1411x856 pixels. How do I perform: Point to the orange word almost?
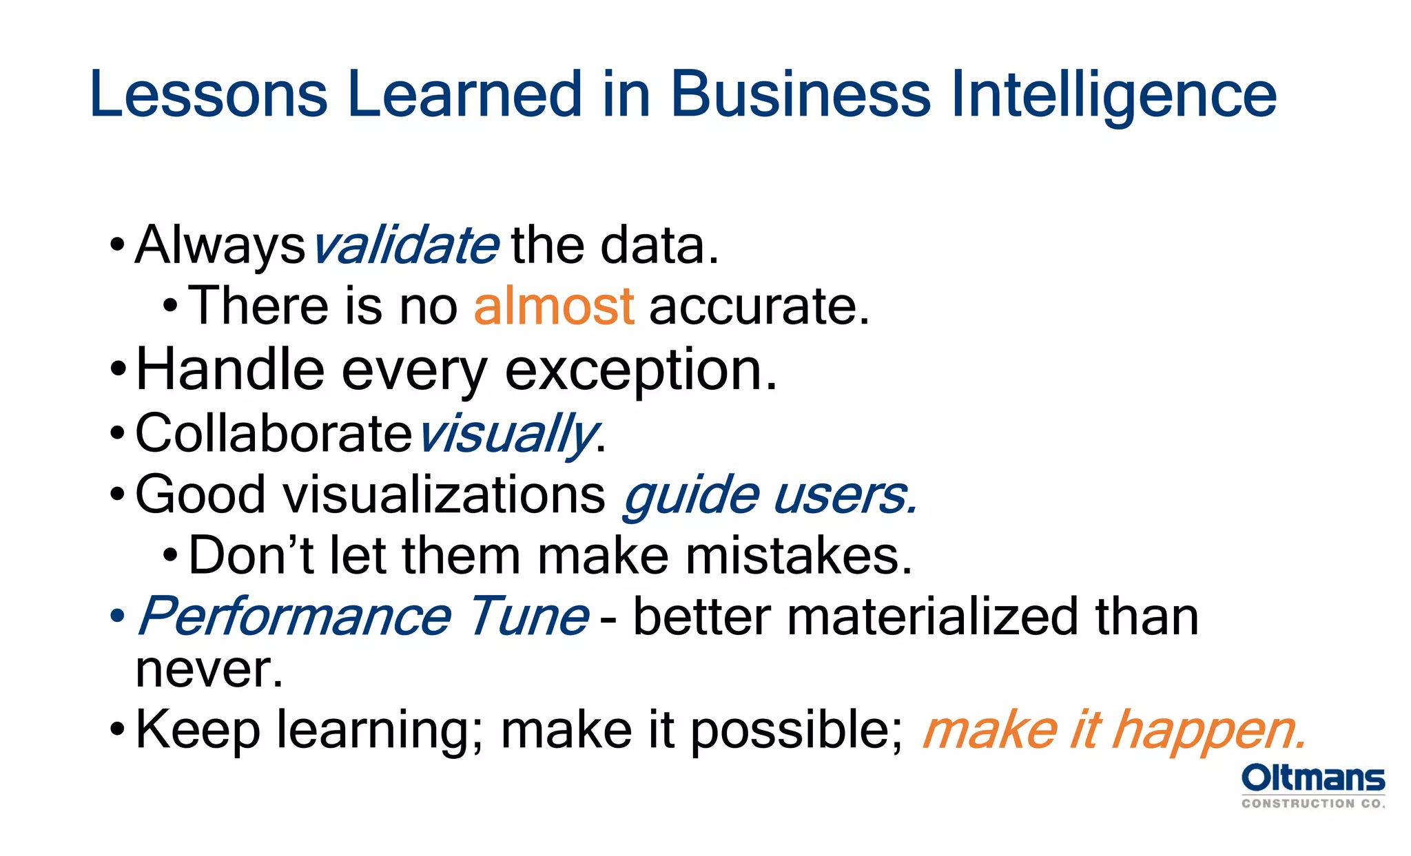coord(553,306)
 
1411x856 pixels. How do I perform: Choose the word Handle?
coord(230,369)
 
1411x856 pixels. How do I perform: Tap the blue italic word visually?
coord(506,434)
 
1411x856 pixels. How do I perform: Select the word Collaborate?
coord(274,433)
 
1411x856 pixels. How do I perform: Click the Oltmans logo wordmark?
coord(1312,779)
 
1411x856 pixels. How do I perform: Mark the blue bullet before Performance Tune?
coord(117,615)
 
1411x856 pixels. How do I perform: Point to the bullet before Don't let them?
coord(170,555)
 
